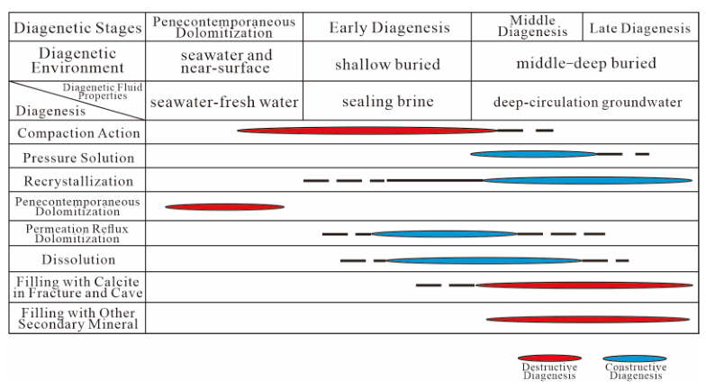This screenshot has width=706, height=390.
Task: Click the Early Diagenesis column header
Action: (389, 29)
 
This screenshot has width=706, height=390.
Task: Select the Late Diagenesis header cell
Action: (640, 29)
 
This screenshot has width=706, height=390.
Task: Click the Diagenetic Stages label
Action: (77, 29)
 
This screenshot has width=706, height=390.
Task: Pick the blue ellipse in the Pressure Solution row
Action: (532, 154)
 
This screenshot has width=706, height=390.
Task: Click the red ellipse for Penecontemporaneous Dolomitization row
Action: (224, 206)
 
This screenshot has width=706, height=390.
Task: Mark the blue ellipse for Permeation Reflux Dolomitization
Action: (445, 234)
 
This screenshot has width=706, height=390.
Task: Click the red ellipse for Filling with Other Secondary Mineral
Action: (587, 319)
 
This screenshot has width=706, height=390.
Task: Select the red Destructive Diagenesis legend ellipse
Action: (544, 358)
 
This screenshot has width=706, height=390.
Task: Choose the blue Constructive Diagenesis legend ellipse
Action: (636, 358)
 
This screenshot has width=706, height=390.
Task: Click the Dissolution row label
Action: (77, 260)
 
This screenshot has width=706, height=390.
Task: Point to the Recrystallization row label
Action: (77, 181)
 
